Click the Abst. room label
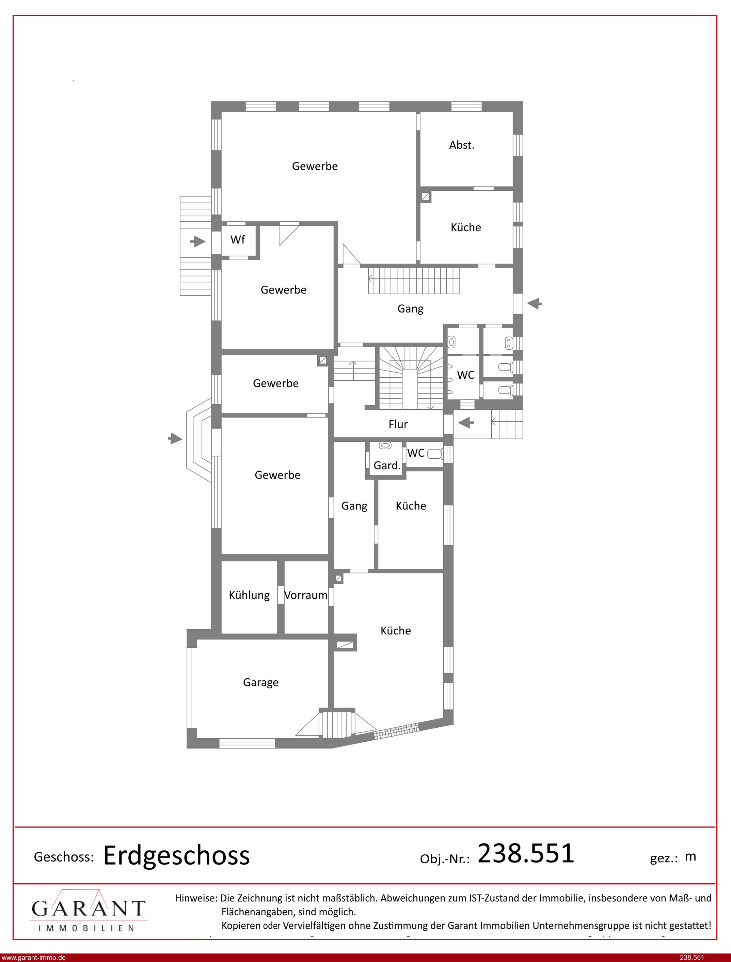click(462, 145)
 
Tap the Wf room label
click(238, 240)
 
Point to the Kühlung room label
click(249, 595)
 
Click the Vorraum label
click(305, 595)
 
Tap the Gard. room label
click(387, 466)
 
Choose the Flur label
click(398, 424)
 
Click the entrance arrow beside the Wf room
click(197, 241)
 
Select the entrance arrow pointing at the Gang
click(535, 303)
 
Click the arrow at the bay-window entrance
click(175, 439)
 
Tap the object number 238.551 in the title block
click(526, 853)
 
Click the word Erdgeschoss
click(176, 856)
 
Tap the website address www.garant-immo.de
click(33, 958)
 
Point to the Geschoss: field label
click(64, 857)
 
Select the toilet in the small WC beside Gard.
click(435, 454)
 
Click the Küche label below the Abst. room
click(465, 227)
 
